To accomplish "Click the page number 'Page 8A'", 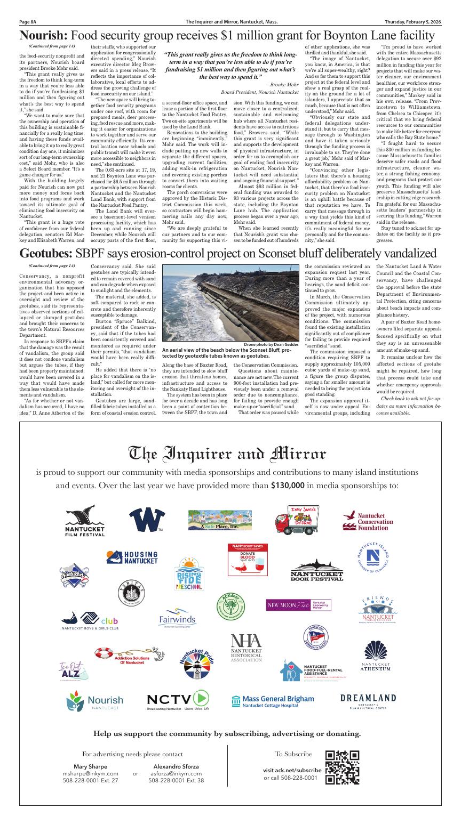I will tap(27, 22).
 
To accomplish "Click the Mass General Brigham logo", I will tap(273, 701).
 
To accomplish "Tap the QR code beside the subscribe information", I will tap(342, 767).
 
